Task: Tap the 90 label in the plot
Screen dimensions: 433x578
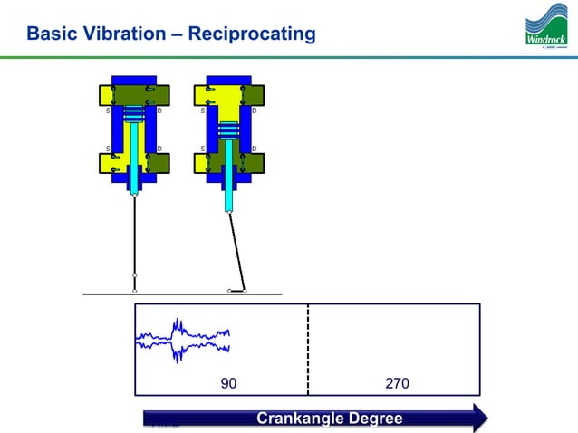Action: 229,384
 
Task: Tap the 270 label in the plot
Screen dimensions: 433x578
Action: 397,384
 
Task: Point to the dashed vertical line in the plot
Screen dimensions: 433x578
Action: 308,349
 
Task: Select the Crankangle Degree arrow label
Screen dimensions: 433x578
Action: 329,419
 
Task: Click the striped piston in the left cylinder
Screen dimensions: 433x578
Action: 134,113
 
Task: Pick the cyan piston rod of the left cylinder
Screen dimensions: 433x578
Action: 134,159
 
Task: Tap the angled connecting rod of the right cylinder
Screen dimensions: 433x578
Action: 237,249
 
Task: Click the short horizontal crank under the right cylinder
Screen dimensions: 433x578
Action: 237,292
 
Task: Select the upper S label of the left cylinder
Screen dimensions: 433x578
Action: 109,111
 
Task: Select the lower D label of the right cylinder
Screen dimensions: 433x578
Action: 255,148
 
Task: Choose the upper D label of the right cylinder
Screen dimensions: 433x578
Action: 255,111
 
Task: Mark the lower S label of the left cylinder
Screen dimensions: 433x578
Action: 109,148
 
